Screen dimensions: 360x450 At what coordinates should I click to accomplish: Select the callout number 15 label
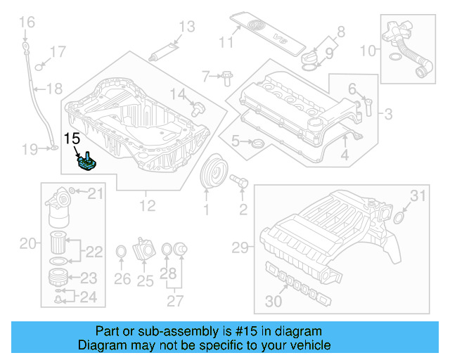(x=73, y=139)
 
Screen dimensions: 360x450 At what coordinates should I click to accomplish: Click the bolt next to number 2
(x=239, y=181)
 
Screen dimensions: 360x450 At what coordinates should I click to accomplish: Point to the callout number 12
(x=147, y=206)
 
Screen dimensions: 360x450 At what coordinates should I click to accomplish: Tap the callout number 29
(x=240, y=247)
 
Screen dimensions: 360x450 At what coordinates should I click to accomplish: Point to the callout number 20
(x=27, y=244)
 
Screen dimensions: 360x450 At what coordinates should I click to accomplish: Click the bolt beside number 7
(x=226, y=77)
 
